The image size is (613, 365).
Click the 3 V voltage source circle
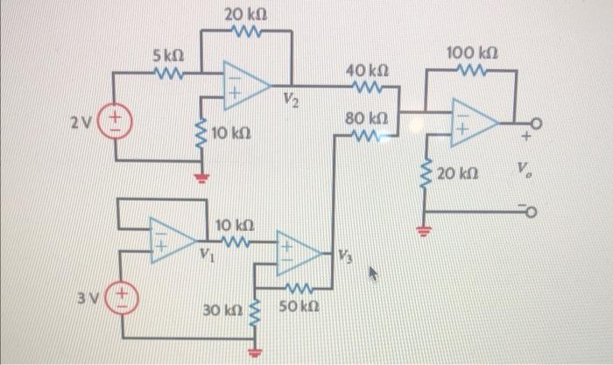[122, 291]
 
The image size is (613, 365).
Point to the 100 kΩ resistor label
[471, 54]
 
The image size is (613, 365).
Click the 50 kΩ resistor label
[298, 308]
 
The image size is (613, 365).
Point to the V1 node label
[204, 256]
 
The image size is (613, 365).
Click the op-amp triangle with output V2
[244, 85]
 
